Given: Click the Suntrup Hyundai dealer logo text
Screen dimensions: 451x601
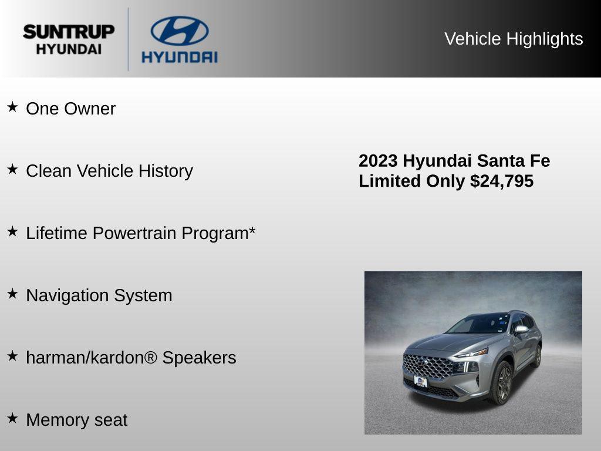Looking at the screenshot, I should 69,39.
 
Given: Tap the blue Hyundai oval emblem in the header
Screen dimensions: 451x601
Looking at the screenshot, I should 179,31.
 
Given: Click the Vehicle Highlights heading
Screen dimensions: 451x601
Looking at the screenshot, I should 514,39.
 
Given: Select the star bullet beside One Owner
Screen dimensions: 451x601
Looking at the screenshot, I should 12,107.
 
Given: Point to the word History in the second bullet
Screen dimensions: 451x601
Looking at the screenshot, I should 166,171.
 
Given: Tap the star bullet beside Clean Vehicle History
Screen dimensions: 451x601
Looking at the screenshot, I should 12,169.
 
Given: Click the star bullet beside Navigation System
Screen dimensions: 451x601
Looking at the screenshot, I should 12,294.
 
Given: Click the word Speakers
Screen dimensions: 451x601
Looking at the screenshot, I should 199,358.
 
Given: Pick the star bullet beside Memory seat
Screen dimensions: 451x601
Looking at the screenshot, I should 12,418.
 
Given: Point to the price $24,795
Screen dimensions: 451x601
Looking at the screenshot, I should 502,181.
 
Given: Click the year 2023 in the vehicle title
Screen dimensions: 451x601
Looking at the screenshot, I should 378,161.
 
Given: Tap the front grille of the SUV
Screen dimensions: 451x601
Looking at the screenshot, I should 427,366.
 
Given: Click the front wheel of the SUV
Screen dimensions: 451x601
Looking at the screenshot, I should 502,382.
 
